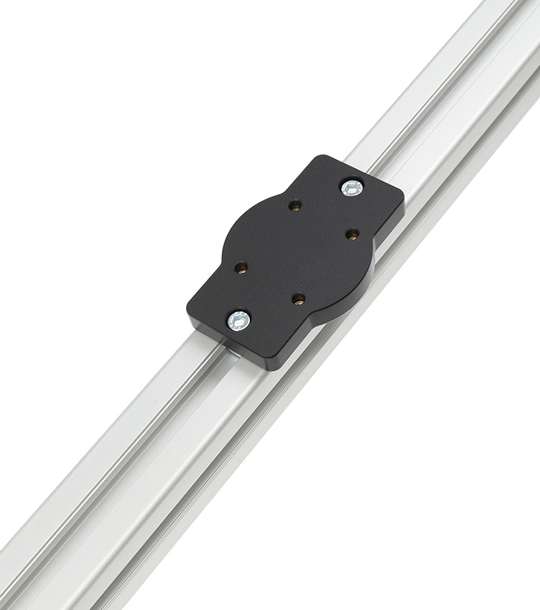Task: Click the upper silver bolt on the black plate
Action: point(350,188)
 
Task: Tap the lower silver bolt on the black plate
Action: point(238,320)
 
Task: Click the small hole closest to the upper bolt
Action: point(352,233)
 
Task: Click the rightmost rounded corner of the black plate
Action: point(399,197)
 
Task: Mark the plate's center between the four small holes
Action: point(296,253)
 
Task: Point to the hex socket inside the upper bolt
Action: point(350,188)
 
